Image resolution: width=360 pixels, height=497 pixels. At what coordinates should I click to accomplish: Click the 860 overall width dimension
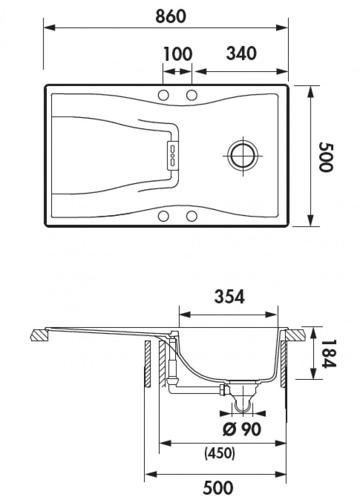click(171, 16)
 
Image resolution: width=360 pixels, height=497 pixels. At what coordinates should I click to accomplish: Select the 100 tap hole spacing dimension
click(178, 54)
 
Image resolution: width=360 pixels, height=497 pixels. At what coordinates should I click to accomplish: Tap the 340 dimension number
click(241, 54)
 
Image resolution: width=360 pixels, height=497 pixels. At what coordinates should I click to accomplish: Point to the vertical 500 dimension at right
click(326, 157)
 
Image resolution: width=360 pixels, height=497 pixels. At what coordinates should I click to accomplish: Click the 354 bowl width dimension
click(229, 297)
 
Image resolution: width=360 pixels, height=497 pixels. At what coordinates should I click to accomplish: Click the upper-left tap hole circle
click(164, 96)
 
